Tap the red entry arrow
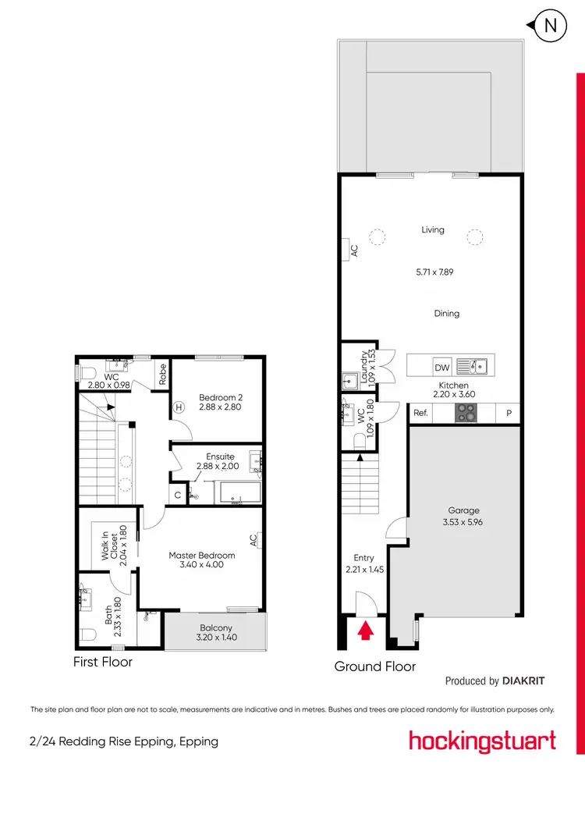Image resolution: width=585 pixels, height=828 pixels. click(364, 630)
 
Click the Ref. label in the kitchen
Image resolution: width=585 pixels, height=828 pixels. click(420, 414)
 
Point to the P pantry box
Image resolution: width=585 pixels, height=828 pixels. click(509, 414)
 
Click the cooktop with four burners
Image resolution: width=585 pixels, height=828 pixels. click(466, 414)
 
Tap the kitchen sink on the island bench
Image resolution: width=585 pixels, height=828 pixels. click(472, 365)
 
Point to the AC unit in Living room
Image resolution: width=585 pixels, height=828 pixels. click(353, 250)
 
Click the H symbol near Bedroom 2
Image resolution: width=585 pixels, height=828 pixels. click(178, 407)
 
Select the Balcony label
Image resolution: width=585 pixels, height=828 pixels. click(216, 627)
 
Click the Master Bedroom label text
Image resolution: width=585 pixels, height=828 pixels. click(197, 556)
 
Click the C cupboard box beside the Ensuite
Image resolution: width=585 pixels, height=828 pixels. click(178, 494)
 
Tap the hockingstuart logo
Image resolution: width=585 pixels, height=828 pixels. click(482, 740)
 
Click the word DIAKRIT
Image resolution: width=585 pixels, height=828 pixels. click(523, 681)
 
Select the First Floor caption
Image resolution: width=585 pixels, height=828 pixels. click(103, 662)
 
